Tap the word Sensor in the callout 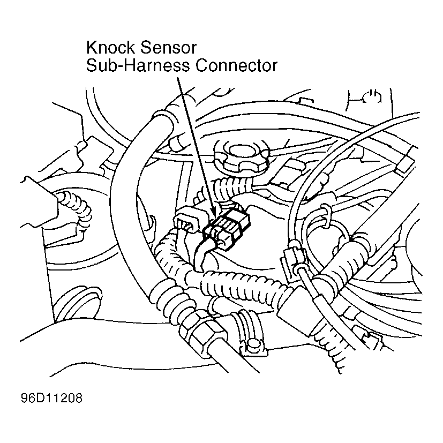click(x=168, y=48)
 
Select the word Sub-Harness click(x=138, y=65)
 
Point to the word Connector click(x=236, y=65)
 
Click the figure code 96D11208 click(x=51, y=398)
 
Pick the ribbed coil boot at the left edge click(x=76, y=209)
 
